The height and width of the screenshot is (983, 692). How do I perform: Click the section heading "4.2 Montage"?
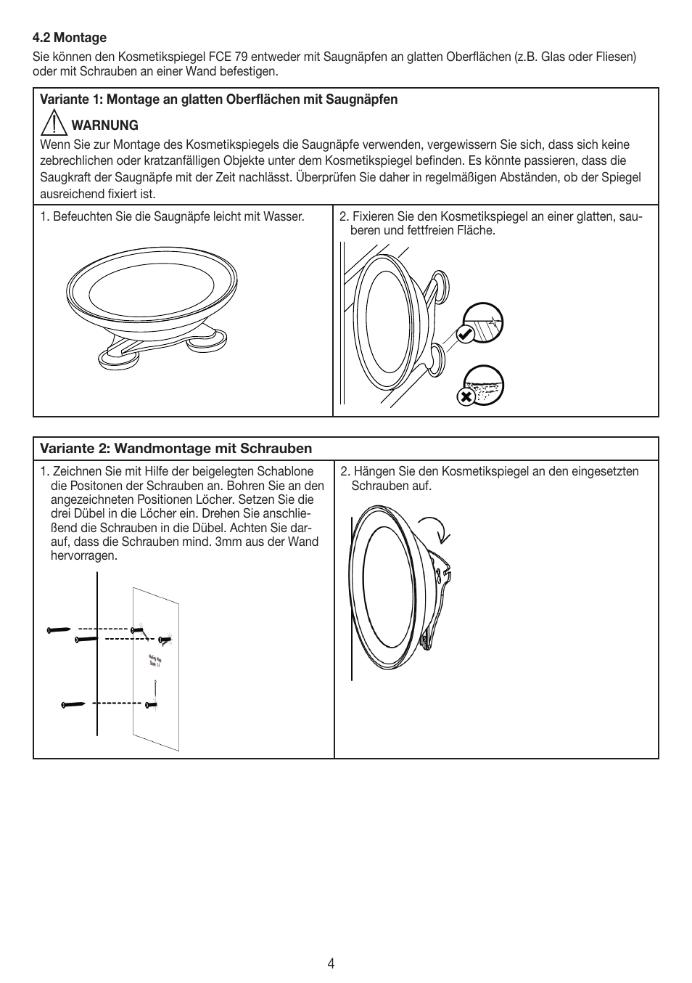tap(70, 38)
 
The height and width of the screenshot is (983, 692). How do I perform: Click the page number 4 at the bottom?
tap(331, 963)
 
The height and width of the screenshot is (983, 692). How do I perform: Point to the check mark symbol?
tap(465, 334)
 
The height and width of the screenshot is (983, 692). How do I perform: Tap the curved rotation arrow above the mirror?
tap(434, 528)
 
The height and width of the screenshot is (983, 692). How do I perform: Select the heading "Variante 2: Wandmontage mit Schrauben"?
tap(176, 448)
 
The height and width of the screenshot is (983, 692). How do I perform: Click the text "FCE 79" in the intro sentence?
tap(228, 57)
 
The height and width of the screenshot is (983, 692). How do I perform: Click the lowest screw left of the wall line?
tap(73, 704)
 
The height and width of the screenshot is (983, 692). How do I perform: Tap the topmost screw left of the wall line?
tap(59, 629)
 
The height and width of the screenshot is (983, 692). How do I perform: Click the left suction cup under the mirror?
tap(116, 357)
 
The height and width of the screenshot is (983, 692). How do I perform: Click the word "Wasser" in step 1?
tap(286, 216)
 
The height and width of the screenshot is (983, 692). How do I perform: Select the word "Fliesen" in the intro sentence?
tap(613, 57)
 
